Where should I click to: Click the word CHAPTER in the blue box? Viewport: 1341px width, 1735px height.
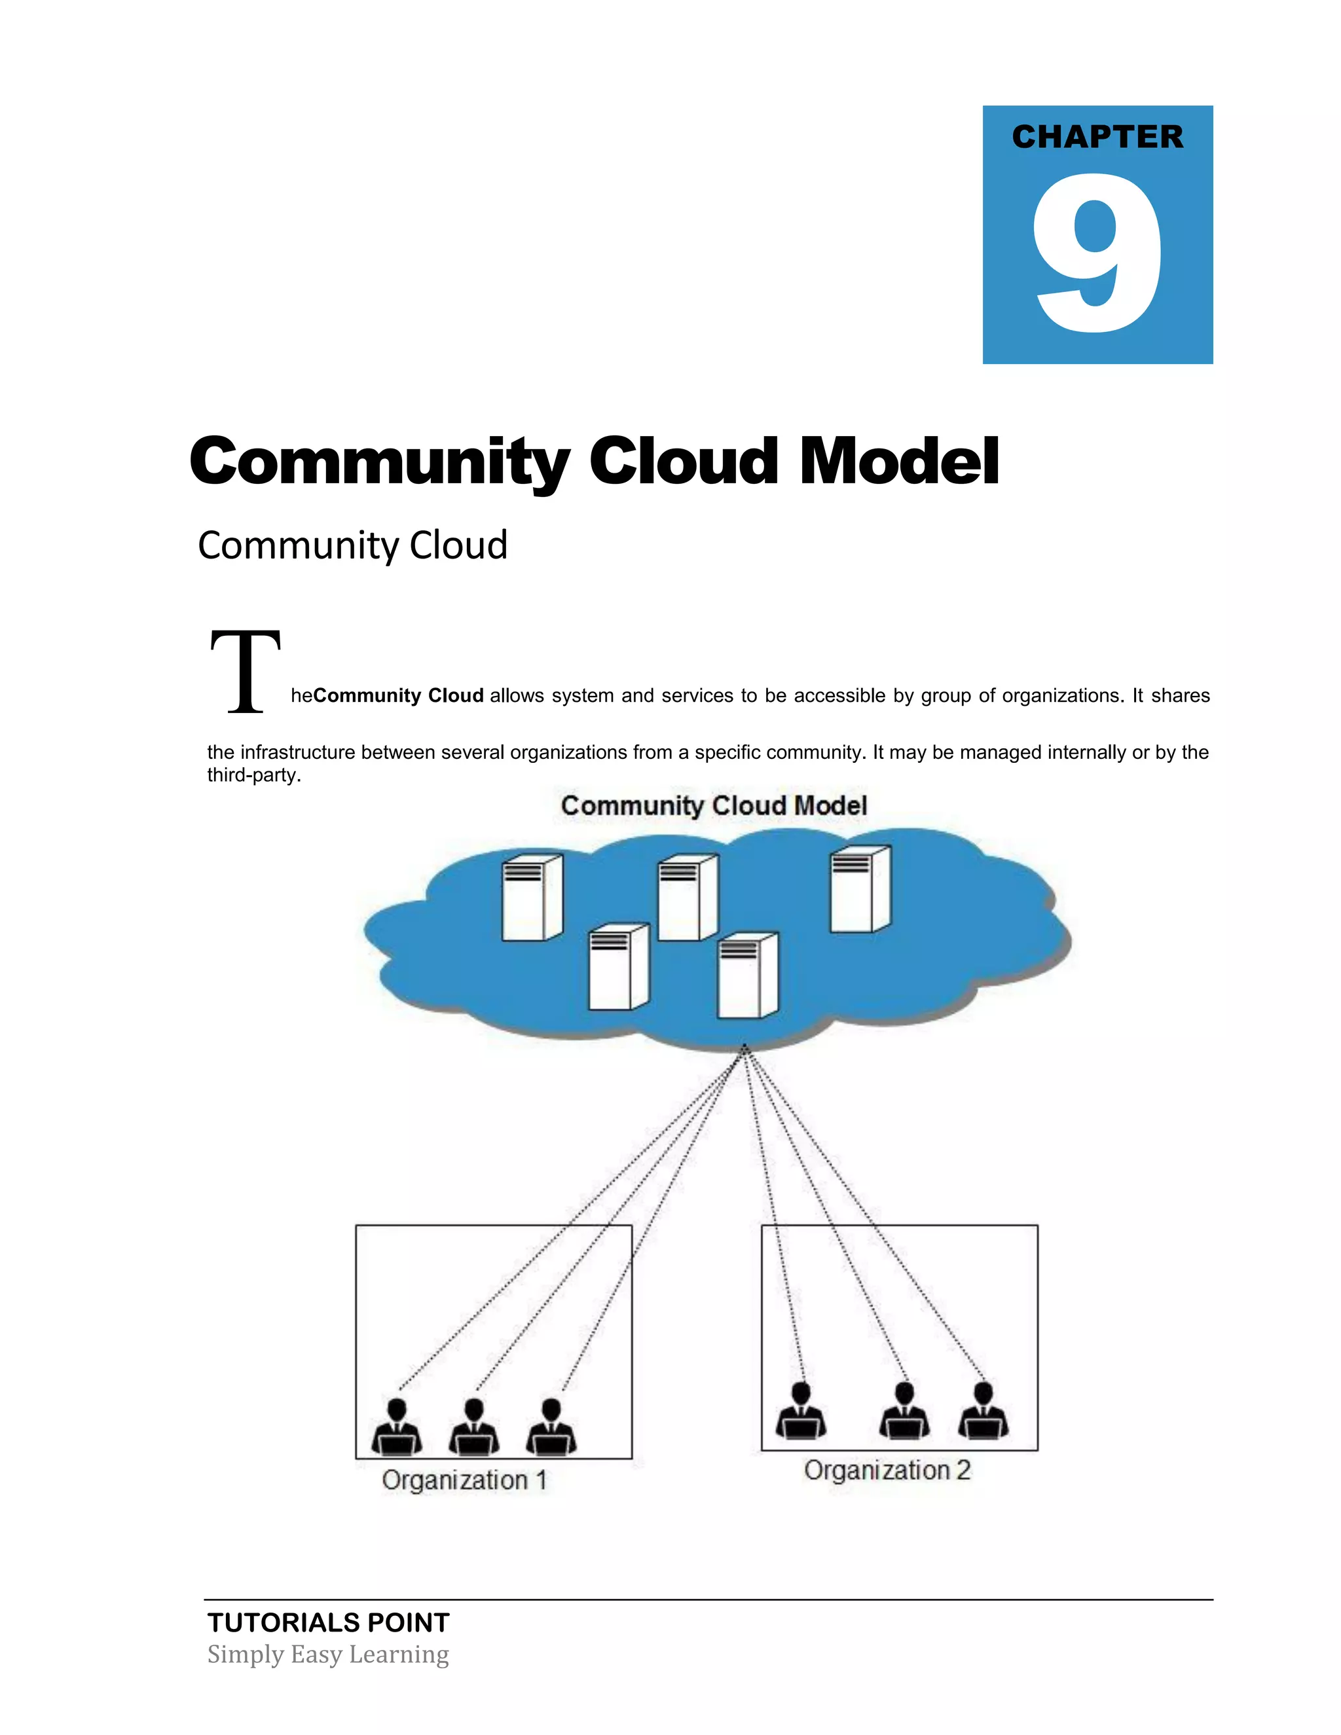[1097, 137]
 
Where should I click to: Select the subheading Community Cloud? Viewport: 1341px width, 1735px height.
[352, 546]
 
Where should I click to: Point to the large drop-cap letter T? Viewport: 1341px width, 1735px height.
[246, 671]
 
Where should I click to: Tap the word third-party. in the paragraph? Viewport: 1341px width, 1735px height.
[254, 775]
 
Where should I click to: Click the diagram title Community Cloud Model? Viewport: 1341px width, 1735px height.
[714, 805]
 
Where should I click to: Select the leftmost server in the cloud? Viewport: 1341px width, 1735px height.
[532, 898]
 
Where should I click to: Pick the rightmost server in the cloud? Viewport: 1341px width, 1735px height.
[860, 889]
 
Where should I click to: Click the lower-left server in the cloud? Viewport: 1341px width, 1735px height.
[619, 967]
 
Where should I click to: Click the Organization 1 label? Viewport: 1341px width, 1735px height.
[464, 1480]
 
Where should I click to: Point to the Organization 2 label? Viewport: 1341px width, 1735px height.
[887, 1470]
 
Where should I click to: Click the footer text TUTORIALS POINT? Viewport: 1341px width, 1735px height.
[328, 1622]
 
